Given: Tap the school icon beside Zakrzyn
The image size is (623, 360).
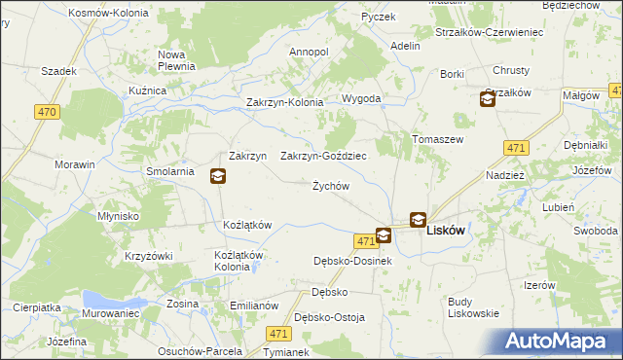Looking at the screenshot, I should click(218, 176).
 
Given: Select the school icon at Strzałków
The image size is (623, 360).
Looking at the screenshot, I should click(487, 98).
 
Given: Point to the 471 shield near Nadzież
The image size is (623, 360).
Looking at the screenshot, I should click(516, 148).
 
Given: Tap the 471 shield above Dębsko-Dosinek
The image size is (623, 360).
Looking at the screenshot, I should click(365, 240).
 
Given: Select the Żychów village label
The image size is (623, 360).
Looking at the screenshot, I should click(330, 186).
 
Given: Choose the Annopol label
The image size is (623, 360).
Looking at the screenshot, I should click(310, 52).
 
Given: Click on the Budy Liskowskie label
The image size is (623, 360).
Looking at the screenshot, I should click(473, 307).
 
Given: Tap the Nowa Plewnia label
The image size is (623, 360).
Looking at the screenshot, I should click(177, 60).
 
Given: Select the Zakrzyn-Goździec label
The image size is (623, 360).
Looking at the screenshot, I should click(323, 156).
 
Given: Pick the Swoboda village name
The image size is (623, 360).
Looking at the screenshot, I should click(595, 231).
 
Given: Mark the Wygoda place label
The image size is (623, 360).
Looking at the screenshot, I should click(361, 99).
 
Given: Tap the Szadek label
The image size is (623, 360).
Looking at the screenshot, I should click(58, 71).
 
